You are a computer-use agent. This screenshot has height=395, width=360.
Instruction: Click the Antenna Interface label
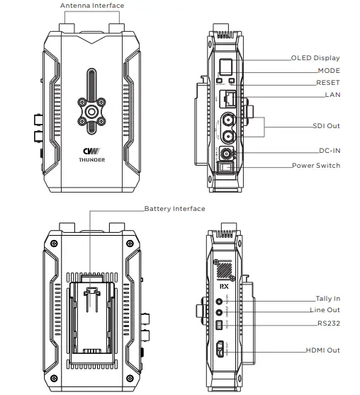click(x=92, y=6)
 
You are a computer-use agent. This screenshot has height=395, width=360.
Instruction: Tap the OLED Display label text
click(x=315, y=58)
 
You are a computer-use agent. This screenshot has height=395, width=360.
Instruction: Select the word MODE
click(x=328, y=71)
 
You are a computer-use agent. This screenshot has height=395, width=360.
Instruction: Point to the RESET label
click(x=327, y=83)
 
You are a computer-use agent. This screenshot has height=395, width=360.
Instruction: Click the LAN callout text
click(x=332, y=94)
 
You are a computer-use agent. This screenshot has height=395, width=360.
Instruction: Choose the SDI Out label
click(x=326, y=125)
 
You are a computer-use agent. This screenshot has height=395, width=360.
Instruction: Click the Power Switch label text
click(x=315, y=166)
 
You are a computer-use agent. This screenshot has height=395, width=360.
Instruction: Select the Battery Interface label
click(x=174, y=209)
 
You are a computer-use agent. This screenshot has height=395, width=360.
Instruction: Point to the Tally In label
click(x=327, y=299)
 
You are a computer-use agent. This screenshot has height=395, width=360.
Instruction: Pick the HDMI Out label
click(x=322, y=350)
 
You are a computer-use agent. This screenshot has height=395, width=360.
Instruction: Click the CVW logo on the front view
click(x=90, y=150)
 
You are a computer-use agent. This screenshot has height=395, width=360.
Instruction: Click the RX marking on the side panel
click(x=224, y=287)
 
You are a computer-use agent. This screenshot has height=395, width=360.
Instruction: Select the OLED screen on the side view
click(x=225, y=67)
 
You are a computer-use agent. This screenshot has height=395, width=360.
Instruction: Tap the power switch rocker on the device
click(x=225, y=167)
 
